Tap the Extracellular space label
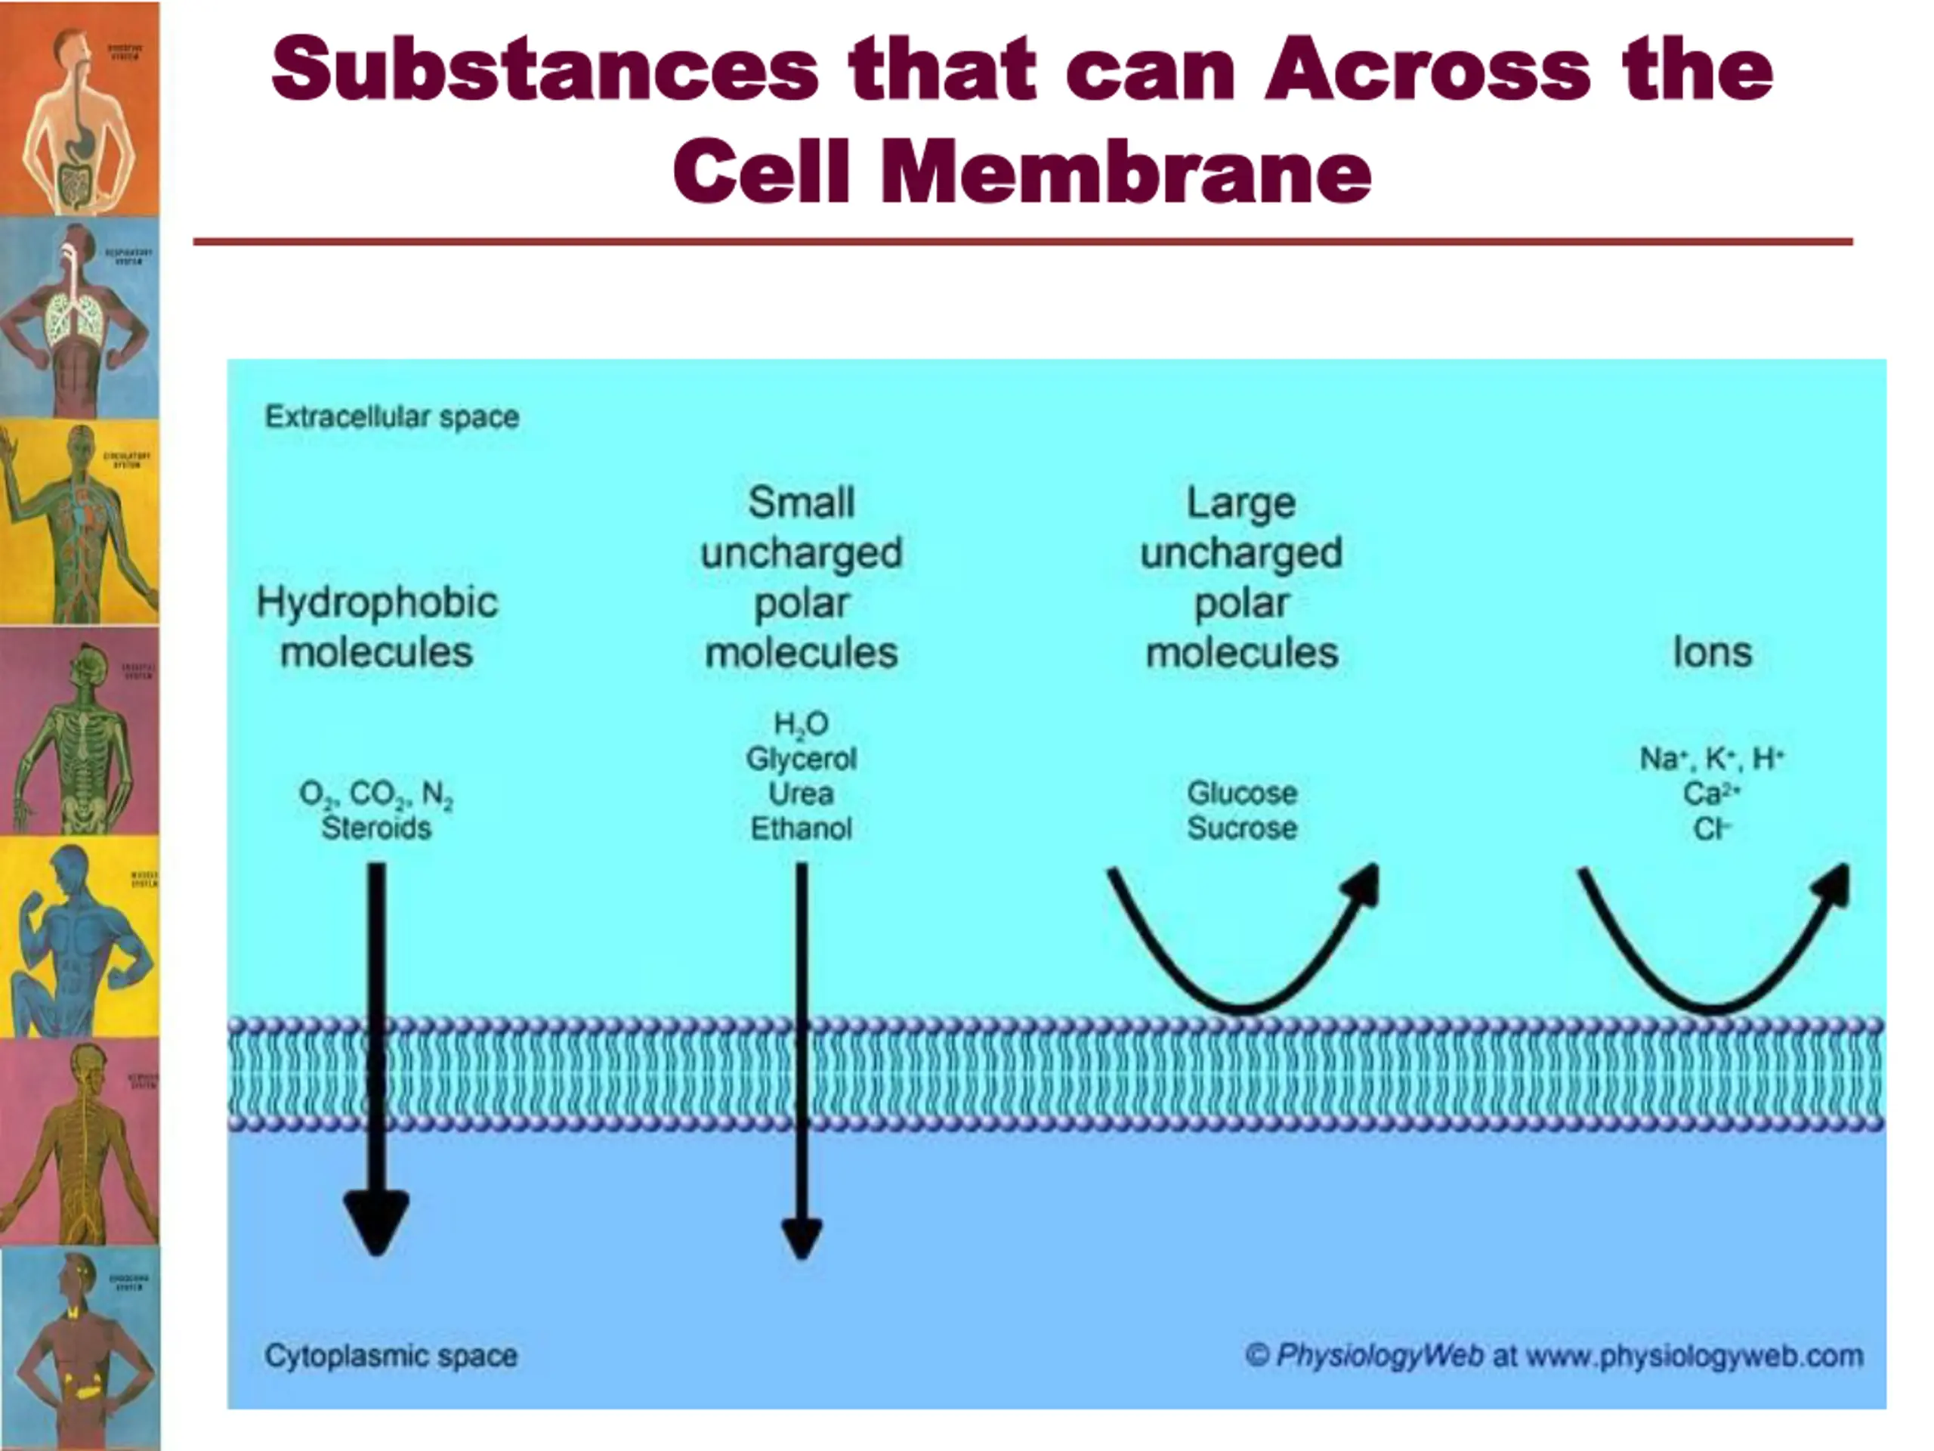point(391,416)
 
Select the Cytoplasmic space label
point(391,1356)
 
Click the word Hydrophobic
point(377,602)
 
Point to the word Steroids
point(376,828)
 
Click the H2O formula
point(801,724)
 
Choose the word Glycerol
point(801,758)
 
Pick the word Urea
point(801,794)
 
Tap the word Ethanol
point(801,828)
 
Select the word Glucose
point(1241,794)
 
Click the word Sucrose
point(1241,828)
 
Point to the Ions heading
point(1712,652)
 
